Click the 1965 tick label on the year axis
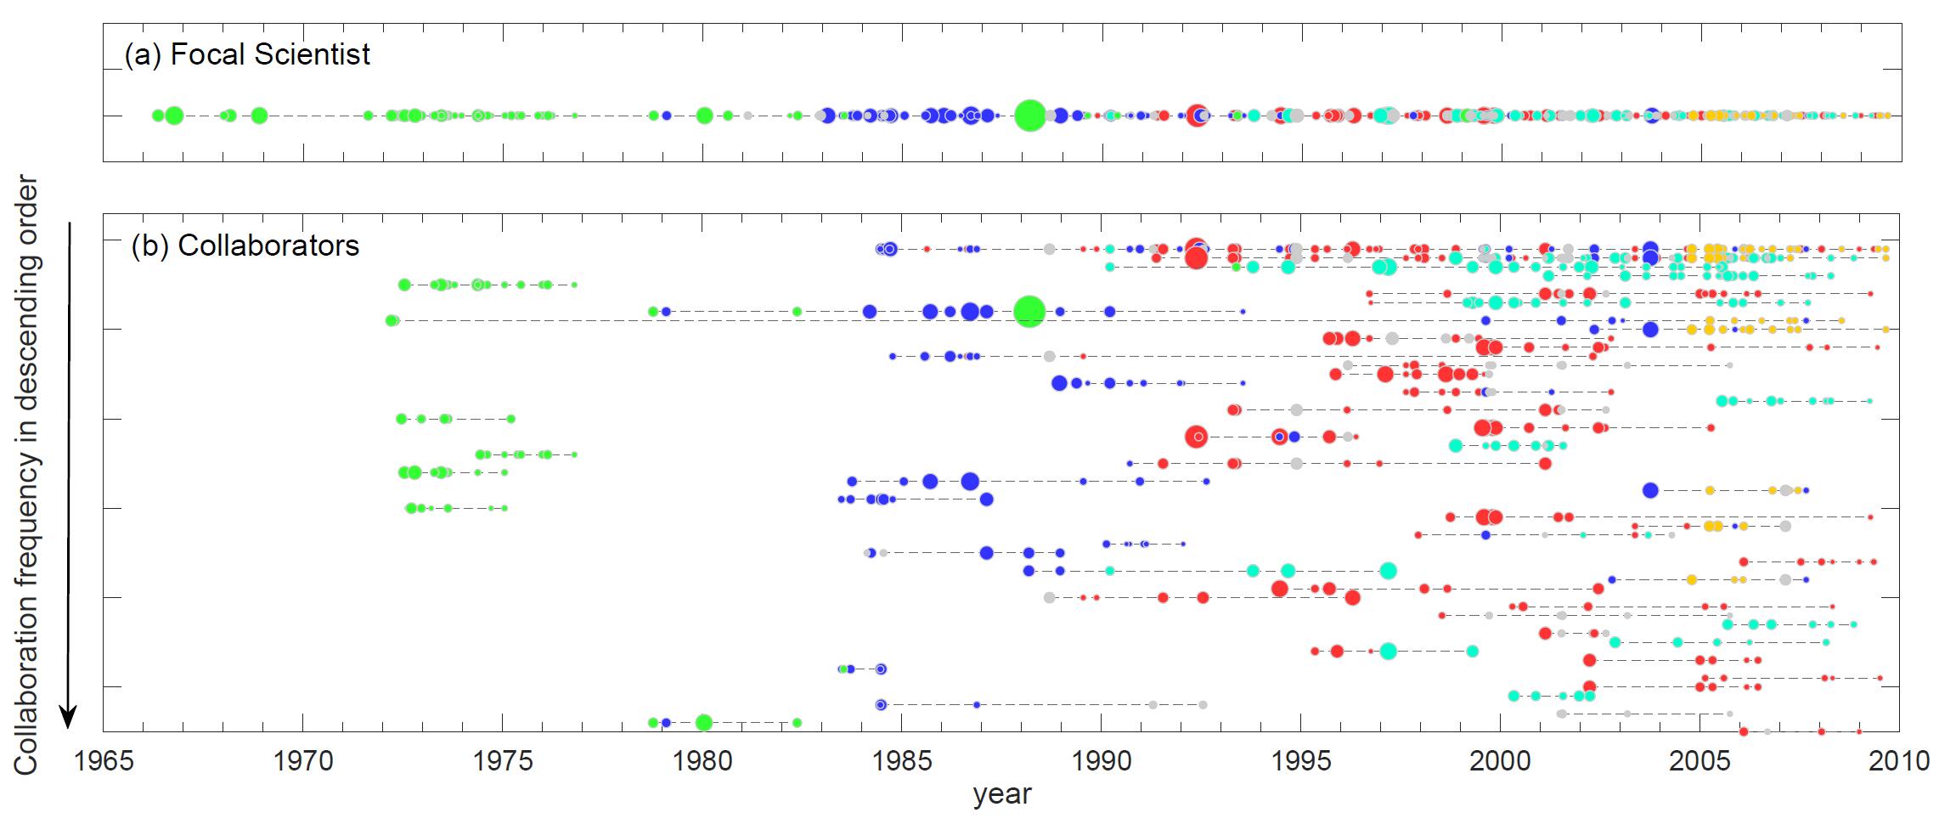click(x=104, y=760)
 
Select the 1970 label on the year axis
click(x=303, y=760)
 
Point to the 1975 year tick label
click(x=503, y=760)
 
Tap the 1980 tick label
click(x=702, y=760)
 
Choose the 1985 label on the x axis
click(x=902, y=760)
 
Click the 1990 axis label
click(x=1102, y=760)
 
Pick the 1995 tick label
click(x=1301, y=760)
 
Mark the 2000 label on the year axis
click(x=1501, y=760)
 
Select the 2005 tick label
click(x=1700, y=760)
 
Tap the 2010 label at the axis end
click(x=1899, y=760)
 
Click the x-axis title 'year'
click(x=1002, y=795)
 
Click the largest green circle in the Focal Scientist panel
click(x=1030, y=116)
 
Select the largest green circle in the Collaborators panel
click(x=1029, y=311)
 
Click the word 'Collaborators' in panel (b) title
click(x=268, y=246)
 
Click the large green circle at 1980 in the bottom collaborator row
click(x=703, y=723)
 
